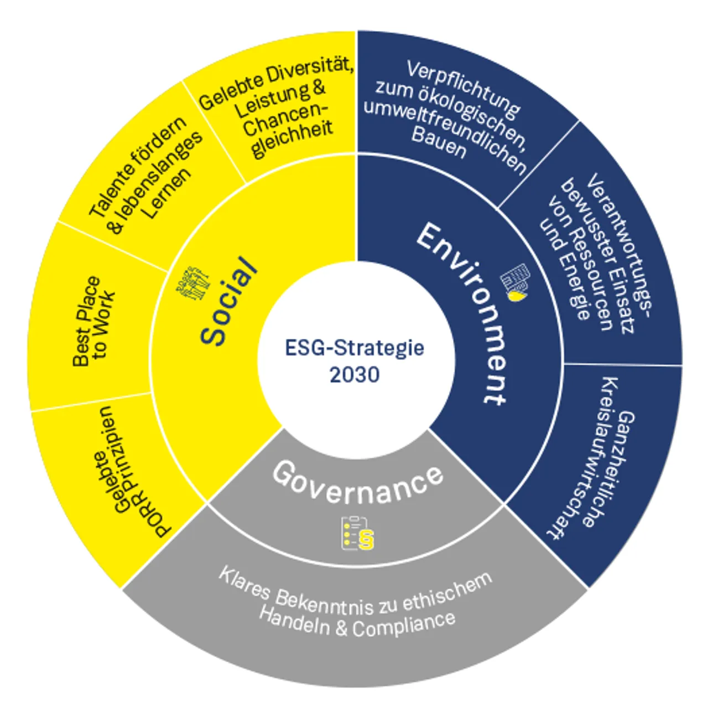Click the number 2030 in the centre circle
click(355, 375)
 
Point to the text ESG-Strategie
click(355, 348)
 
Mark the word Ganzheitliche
click(623, 468)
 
